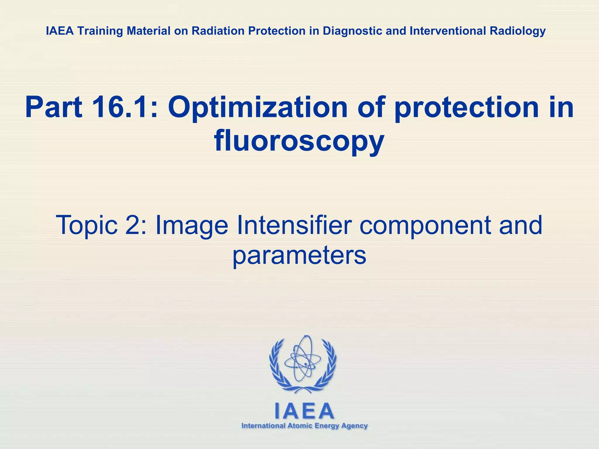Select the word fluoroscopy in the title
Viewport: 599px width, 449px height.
click(x=299, y=142)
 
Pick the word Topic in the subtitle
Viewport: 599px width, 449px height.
click(x=87, y=225)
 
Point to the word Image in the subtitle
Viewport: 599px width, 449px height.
click(x=192, y=225)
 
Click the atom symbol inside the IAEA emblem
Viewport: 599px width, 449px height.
click(x=302, y=360)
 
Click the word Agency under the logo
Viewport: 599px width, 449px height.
click(x=354, y=426)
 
